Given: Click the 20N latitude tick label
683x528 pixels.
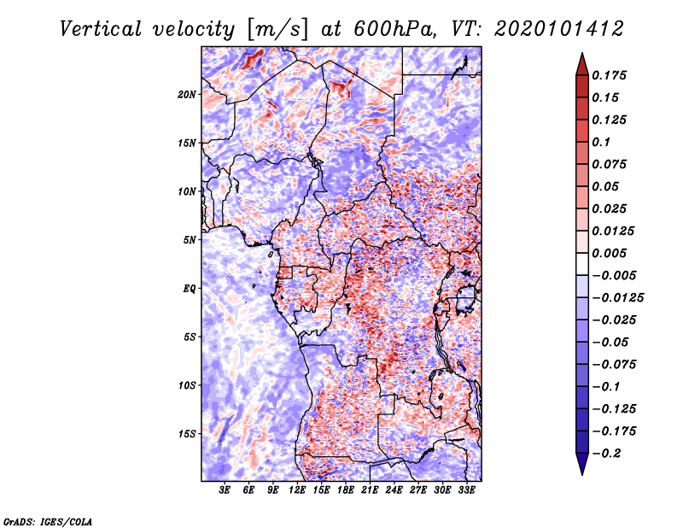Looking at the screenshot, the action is click(186, 95).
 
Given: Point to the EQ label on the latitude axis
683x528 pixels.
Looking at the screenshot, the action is click(190, 289).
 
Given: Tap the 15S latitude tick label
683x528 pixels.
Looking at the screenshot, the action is click(186, 434).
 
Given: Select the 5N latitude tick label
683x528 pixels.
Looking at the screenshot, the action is click(190, 240).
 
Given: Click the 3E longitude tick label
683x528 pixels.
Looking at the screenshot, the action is click(225, 490).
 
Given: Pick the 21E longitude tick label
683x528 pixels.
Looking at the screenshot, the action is click(370, 490).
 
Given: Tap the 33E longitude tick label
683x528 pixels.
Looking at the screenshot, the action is click(466, 490).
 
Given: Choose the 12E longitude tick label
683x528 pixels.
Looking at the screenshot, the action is click(296, 490).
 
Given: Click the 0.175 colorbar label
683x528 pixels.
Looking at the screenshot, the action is click(609, 75).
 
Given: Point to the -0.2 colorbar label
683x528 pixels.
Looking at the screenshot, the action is click(606, 454).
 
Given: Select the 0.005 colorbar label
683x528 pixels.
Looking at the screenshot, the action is click(609, 253).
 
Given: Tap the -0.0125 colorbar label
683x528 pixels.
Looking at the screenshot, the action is click(617, 298).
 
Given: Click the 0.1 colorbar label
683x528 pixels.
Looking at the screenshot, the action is click(601, 142).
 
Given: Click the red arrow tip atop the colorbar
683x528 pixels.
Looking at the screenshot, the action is click(582, 54).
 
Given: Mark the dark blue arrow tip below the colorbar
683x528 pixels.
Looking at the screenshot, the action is click(582, 474).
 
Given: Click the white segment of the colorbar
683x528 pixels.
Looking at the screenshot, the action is click(582, 264).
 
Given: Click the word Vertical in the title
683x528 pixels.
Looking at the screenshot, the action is click(101, 29).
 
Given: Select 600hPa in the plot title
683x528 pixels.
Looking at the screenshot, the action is click(394, 29).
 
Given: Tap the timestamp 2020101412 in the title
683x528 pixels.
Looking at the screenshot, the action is click(559, 29).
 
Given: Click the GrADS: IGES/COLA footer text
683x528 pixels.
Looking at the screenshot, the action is click(48, 521).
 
